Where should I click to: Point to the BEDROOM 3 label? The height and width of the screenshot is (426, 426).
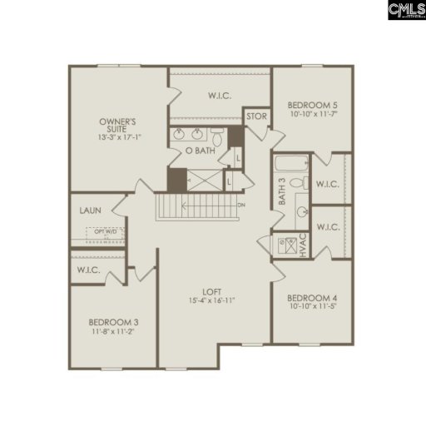coord(115,322)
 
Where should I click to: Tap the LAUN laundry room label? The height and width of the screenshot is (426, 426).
coord(91,211)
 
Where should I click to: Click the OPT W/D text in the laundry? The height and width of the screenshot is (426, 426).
coord(105,232)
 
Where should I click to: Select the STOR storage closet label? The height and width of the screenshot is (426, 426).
coord(257,116)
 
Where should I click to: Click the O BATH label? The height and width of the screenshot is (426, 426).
coord(200,151)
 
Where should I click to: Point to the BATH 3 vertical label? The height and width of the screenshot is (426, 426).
coord(282,193)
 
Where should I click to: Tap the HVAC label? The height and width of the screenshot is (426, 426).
coord(304,245)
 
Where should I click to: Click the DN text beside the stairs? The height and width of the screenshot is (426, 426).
coord(241,206)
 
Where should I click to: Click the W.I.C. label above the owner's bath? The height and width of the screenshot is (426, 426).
coord(220,96)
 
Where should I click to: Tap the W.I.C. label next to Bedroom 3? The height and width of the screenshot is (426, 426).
coord(89,270)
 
